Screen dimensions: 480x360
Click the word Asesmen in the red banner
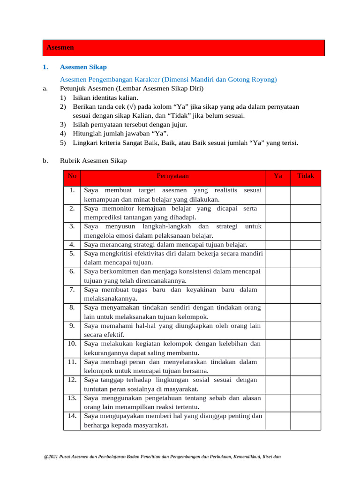60,48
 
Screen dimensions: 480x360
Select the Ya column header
278,176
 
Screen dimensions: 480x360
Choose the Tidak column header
306,176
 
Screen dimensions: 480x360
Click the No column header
72,176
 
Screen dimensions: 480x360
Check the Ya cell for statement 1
278,195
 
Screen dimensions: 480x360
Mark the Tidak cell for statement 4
306,244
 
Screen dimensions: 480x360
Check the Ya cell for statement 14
278,420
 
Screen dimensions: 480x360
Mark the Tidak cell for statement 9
306,330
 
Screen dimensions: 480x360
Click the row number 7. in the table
72,290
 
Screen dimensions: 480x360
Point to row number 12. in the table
72,380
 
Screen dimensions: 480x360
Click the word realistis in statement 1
226,190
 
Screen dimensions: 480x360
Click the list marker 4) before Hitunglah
63,134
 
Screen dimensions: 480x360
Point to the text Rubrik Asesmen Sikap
93,161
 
